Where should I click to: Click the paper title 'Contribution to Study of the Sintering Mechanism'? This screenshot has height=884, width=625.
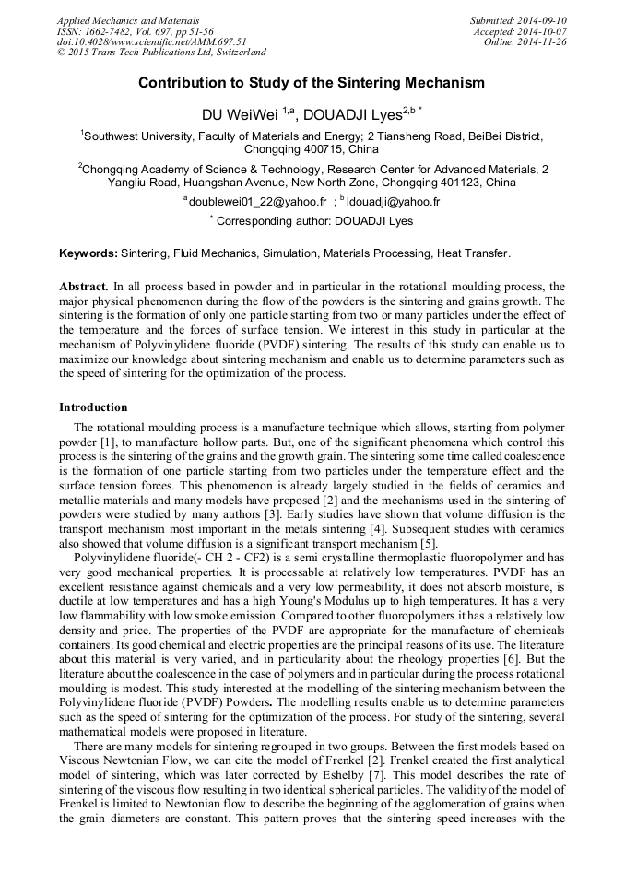(x=312, y=83)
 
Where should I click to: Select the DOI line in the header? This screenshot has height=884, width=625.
(x=151, y=41)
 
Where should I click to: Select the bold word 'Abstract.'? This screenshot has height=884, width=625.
(x=84, y=288)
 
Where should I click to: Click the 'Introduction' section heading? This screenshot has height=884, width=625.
(x=93, y=407)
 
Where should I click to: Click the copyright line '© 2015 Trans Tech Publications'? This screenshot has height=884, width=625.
(x=161, y=53)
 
